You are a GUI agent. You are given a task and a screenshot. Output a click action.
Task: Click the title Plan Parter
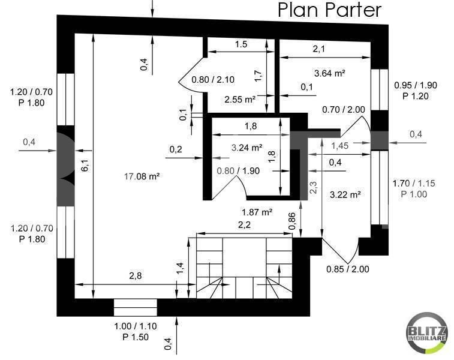[x=329, y=10]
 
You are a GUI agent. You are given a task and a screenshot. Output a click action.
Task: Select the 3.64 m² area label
[x=330, y=73]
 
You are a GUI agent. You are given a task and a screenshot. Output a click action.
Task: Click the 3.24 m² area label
[x=247, y=147]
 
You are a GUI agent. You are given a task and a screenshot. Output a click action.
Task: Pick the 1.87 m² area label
[x=257, y=212]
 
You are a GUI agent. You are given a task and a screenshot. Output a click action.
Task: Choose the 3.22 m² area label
[x=345, y=194]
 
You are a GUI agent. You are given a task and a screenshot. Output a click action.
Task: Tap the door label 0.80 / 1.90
[x=239, y=170]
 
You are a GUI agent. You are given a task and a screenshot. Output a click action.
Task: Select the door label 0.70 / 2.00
[x=344, y=109]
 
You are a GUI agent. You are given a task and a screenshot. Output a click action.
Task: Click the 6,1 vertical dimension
[x=85, y=166]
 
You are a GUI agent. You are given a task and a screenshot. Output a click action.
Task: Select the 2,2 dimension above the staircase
[x=243, y=226]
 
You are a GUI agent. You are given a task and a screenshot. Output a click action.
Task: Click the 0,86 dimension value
[x=292, y=221]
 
